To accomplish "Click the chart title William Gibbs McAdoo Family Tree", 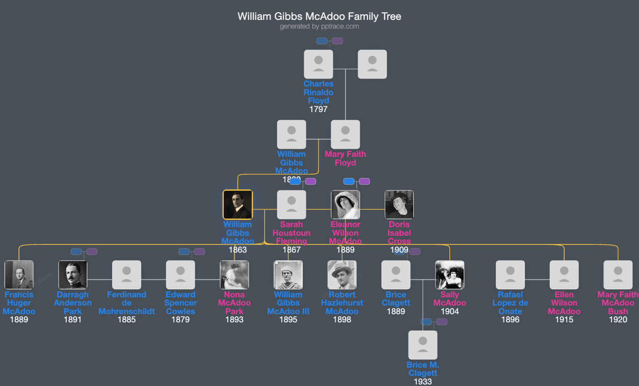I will click(x=319, y=16).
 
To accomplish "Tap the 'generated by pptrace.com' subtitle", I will click(x=319, y=26).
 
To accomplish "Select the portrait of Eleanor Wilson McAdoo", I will click(x=345, y=205).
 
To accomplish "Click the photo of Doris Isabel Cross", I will click(x=399, y=205).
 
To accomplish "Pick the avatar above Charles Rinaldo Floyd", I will click(x=318, y=64).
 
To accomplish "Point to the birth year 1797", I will click(x=318, y=109).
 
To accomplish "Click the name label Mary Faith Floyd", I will click(x=345, y=158).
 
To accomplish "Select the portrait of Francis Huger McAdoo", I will click(x=19, y=275).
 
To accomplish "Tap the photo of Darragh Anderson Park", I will click(x=73, y=275).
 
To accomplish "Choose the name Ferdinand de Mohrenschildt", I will click(x=127, y=303).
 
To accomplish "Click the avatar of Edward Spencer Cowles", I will click(x=180, y=275).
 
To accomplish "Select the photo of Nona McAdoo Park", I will click(x=234, y=275).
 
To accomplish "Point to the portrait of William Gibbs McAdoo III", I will click(x=288, y=275).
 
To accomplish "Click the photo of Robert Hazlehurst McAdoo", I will click(x=342, y=275).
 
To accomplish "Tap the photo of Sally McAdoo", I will click(x=450, y=275).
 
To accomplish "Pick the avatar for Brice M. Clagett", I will click(x=423, y=345).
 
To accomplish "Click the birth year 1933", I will click(x=423, y=381).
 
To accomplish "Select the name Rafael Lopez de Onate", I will click(x=511, y=303).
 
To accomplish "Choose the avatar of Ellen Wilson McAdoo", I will click(x=564, y=275).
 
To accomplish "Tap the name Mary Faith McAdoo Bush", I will click(x=618, y=303).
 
